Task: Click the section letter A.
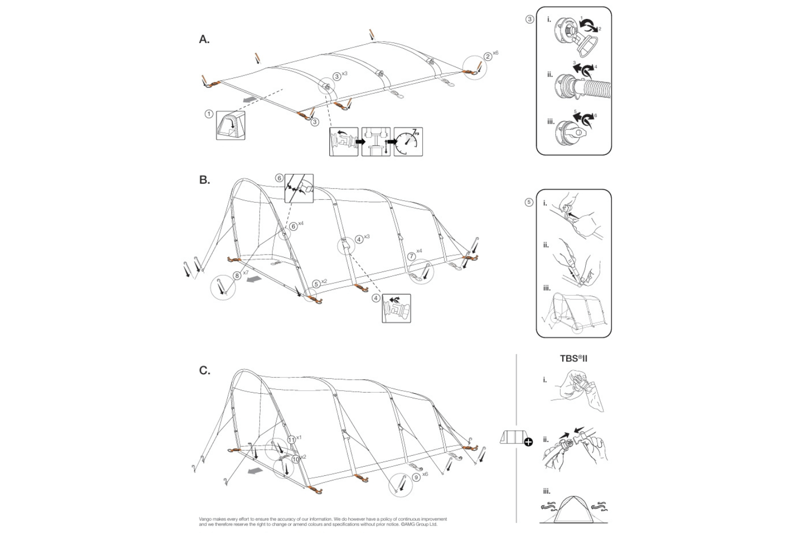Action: [204, 40]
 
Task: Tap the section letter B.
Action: [204, 180]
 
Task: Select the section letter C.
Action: [204, 371]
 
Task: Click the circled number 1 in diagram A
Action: [209, 113]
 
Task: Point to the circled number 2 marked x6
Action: [488, 56]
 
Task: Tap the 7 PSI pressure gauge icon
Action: [408, 142]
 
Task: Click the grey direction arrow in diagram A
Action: [250, 98]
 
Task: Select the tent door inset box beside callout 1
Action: [230, 125]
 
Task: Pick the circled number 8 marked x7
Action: [237, 276]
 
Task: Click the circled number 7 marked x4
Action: [411, 256]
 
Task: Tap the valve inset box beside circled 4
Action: [397, 308]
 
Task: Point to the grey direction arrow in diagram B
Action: [253, 280]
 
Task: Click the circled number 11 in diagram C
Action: [291, 439]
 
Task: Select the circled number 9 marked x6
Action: [416, 476]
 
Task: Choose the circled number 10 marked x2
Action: [295, 459]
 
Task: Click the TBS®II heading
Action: [573, 358]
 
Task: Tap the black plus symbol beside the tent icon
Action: [528, 441]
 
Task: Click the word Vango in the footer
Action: [205, 519]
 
